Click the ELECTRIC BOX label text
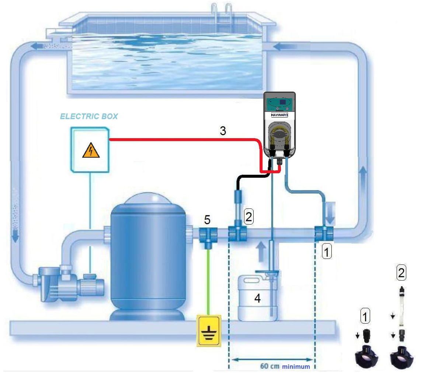(x=89, y=116)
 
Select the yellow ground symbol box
(x=209, y=330)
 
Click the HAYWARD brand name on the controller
(x=279, y=115)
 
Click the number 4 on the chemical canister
(x=258, y=298)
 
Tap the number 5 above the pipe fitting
(x=207, y=220)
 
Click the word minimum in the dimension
(x=296, y=367)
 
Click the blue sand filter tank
(x=147, y=259)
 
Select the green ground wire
(x=209, y=281)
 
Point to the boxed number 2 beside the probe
(x=249, y=216)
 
